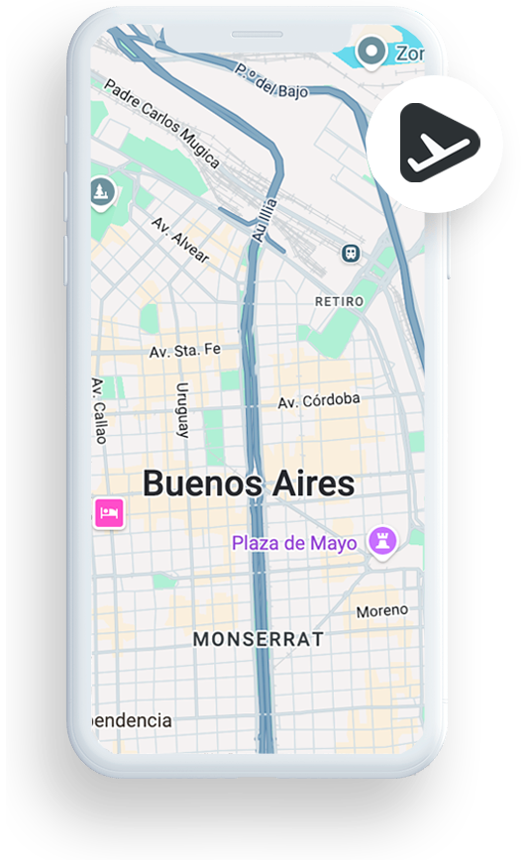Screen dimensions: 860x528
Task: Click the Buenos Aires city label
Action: point(248,484)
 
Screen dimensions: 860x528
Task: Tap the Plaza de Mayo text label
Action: point(293,543)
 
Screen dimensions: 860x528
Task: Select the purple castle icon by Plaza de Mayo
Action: point(381,540)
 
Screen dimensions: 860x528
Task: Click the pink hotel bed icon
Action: point(108,512)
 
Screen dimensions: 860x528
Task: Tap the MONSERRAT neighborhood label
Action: point(258,640)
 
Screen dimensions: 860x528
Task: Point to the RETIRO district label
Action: point(338,300)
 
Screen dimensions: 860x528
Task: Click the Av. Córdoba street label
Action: point(318,401)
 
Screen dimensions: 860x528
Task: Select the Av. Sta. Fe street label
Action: point(184,352)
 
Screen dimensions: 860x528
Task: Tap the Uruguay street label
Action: point(182,410)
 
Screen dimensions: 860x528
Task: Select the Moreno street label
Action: point(381,611)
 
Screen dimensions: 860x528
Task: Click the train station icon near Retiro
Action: point(351,253)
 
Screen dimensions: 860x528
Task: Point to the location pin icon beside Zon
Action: point(370,51)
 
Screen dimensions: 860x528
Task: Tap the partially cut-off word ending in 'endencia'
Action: point(132,720)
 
